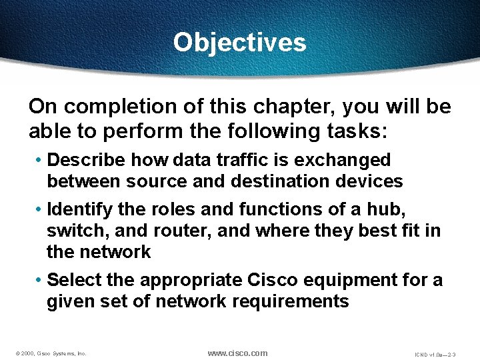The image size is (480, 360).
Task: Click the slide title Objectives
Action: click(239, 42)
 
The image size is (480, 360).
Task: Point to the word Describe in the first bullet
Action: click(87, 160)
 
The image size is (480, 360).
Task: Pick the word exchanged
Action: click(346, 160)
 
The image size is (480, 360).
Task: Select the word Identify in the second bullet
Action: click(80, 209)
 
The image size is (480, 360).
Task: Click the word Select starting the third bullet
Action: click(72, 279)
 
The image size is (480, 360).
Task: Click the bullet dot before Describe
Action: click(39, 160)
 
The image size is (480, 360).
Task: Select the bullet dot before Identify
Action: click(39, 209)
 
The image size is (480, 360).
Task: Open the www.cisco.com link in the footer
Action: click(237, 353)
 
